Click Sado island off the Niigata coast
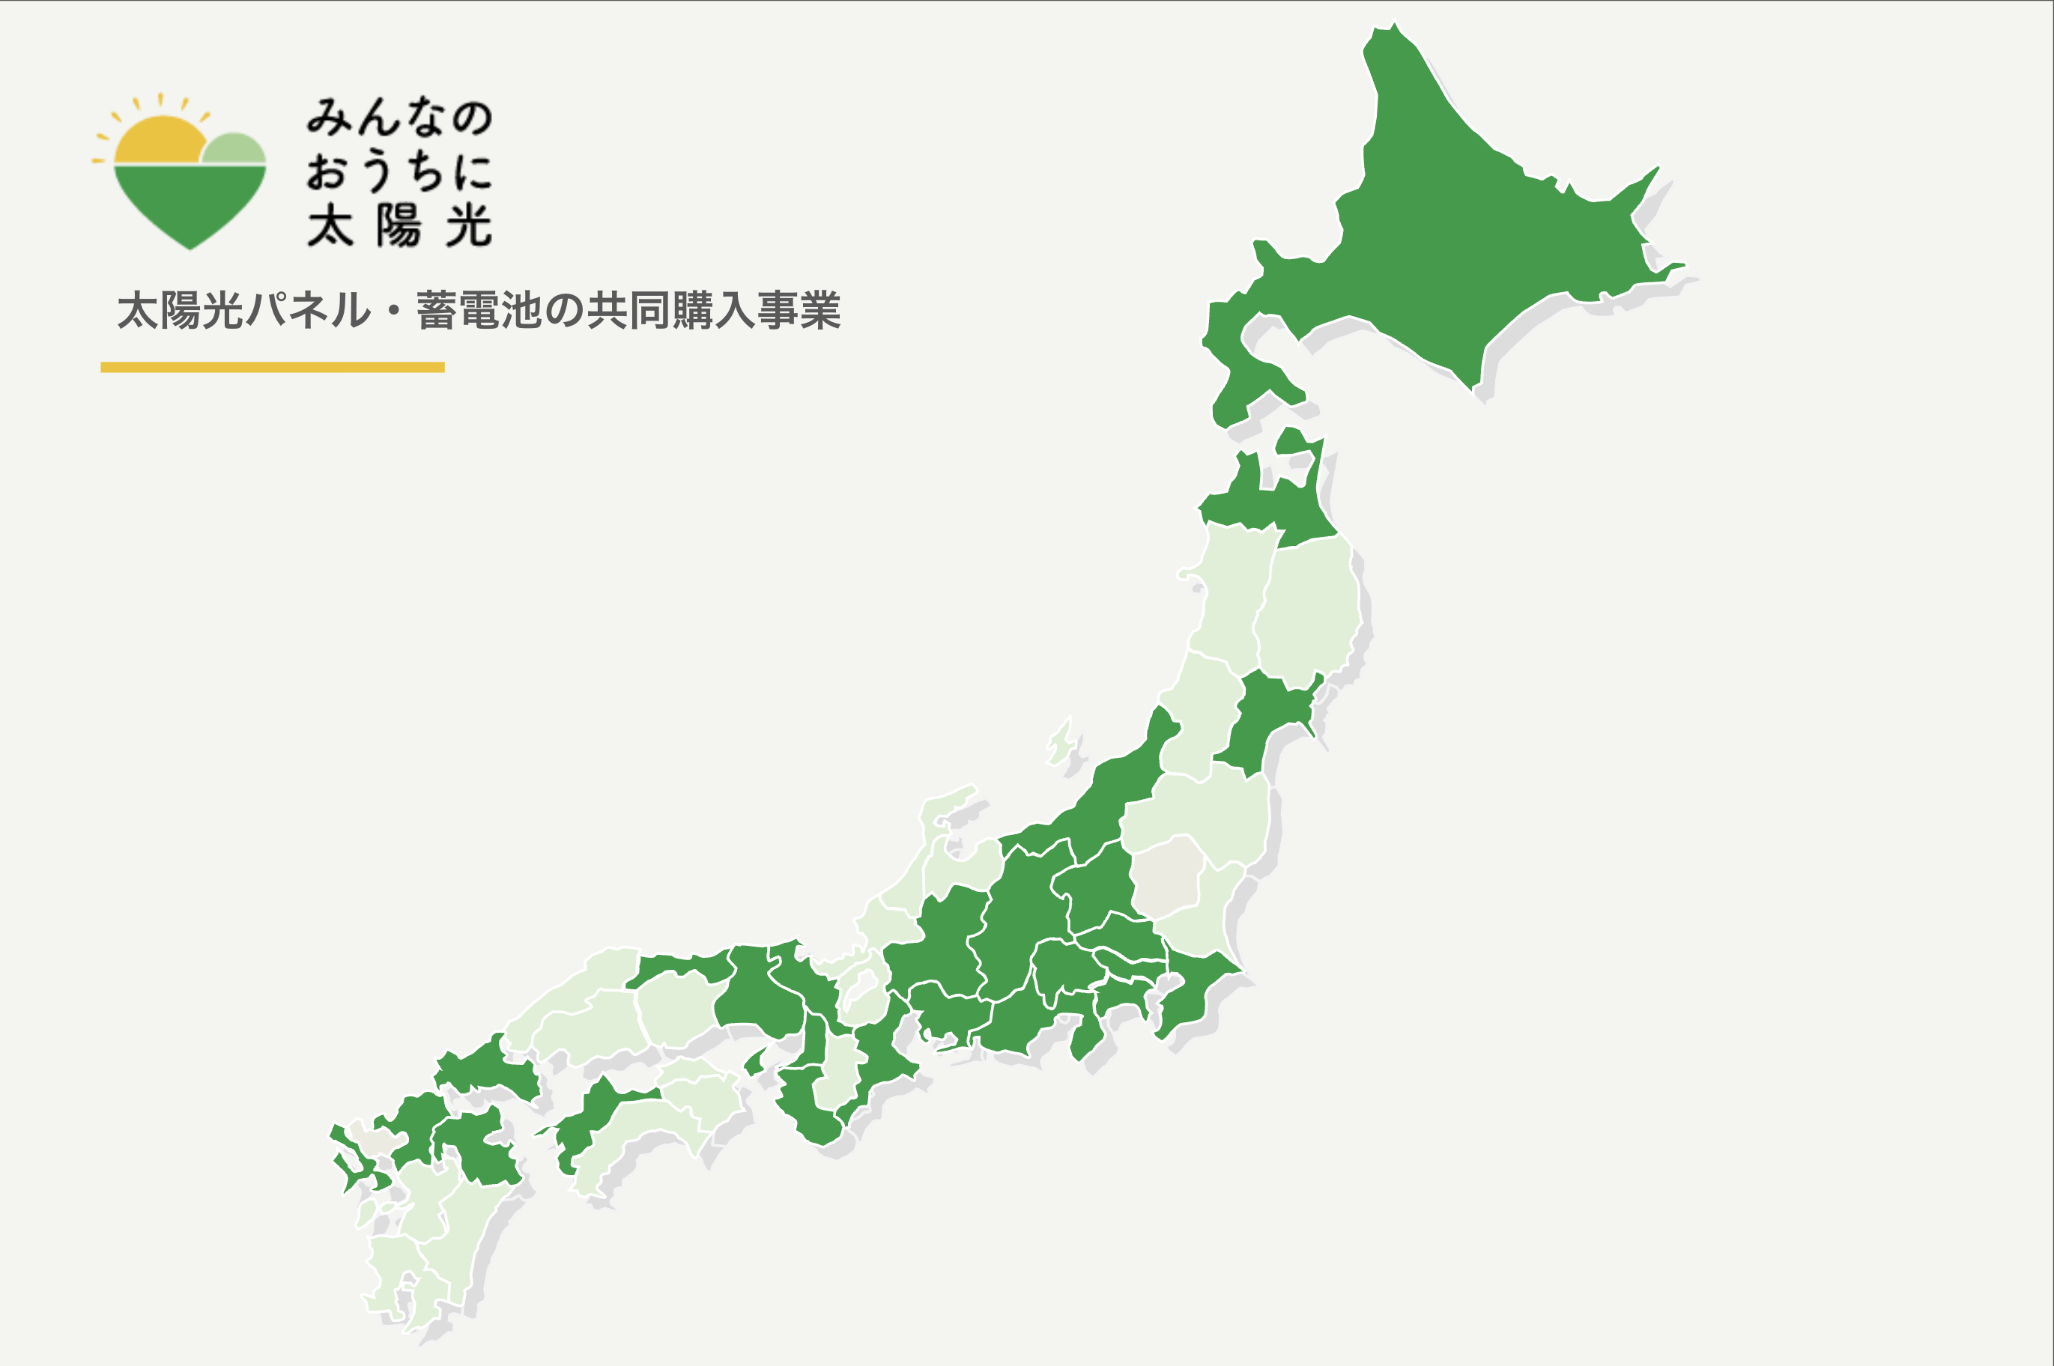tap(1061, 743)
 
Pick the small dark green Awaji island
tap(754, 1062)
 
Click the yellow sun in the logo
tap(159, 141)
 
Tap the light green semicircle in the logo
tap(233, 149)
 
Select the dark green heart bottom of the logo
tap(190, 204)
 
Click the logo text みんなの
tap(400, 117)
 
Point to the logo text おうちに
tap(400, 171)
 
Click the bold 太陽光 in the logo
tap(400, 226)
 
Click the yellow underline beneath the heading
tap(272, 367)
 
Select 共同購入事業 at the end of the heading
tap(714, 310)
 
